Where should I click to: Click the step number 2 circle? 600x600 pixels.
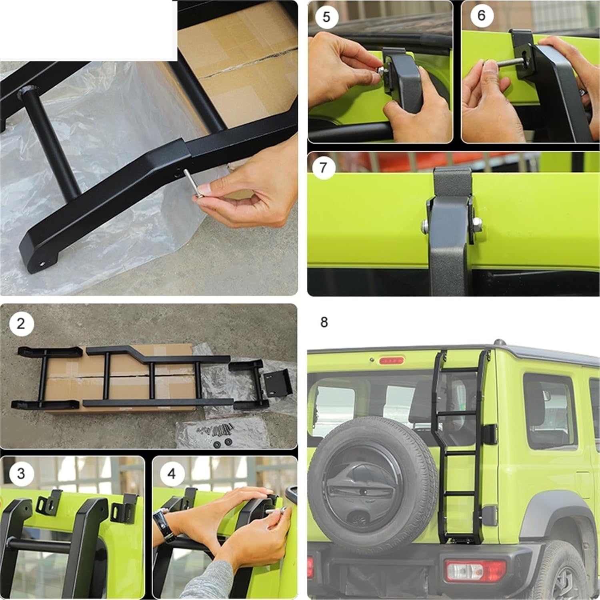[x=21, y=323]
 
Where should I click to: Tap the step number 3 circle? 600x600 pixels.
[x=21, y=474]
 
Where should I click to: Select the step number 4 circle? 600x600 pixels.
[x=172, y=474]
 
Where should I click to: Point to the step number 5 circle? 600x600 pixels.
[x=326, y=18]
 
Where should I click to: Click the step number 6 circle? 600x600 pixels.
[x=481, y=16]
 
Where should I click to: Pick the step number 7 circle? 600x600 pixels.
[x=323, y=168]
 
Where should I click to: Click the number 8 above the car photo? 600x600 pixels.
[x=324, y=322]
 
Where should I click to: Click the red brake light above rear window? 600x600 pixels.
[x=392, y=361]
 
